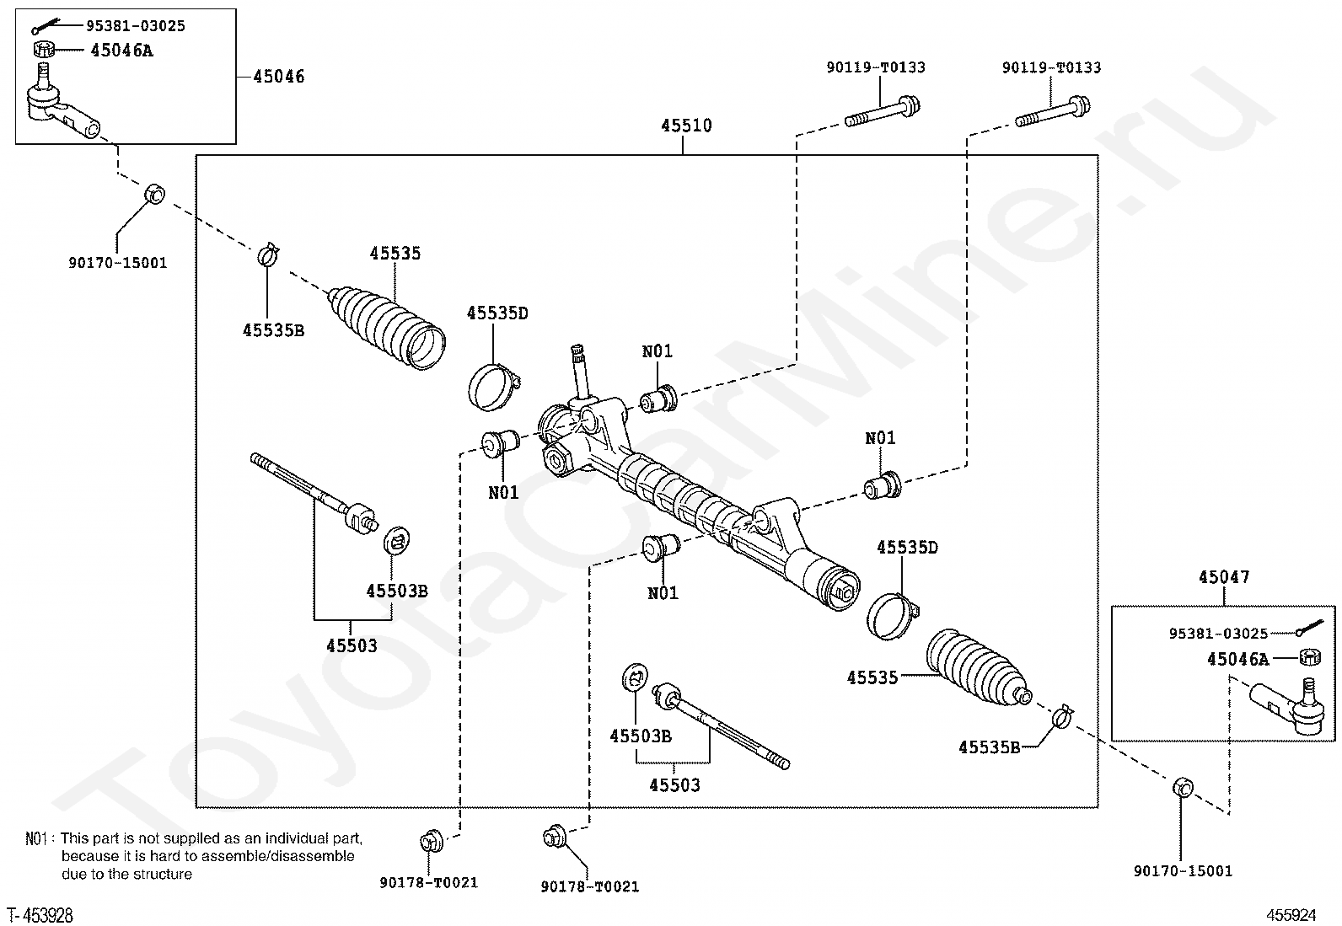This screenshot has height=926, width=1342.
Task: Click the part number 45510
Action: pyautogui.click(x=686, y=126)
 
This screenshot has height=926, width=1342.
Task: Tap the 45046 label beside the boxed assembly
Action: pyautogui.click(x=278, y=77)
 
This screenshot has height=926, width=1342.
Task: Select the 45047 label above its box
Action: pyautogui.click(x=1224, y=577)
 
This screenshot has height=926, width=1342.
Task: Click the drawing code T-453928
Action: pyautogui.click(x=40, y=915)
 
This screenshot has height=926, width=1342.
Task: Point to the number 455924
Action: pyautogui.click(x=1291, y=915)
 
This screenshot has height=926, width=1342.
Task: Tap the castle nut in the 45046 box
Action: pyautogui.click(x=44, y=49)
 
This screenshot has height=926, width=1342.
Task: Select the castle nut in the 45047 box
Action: pyautogui.click(x=1310, y=657)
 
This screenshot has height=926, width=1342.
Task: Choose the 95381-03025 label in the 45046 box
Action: pyautogui.click(x=136, y=26)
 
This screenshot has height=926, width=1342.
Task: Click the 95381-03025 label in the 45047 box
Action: pyautogui.click(x=1218, y=633)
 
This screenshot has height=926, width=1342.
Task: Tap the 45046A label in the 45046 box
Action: pyautogui.click(x=121, y=51)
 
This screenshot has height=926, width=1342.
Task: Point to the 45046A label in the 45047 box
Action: pyautogui.click(x=1237, y=660)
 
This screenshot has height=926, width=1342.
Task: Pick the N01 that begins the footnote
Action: pyautogui.click(x=36, y=838)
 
